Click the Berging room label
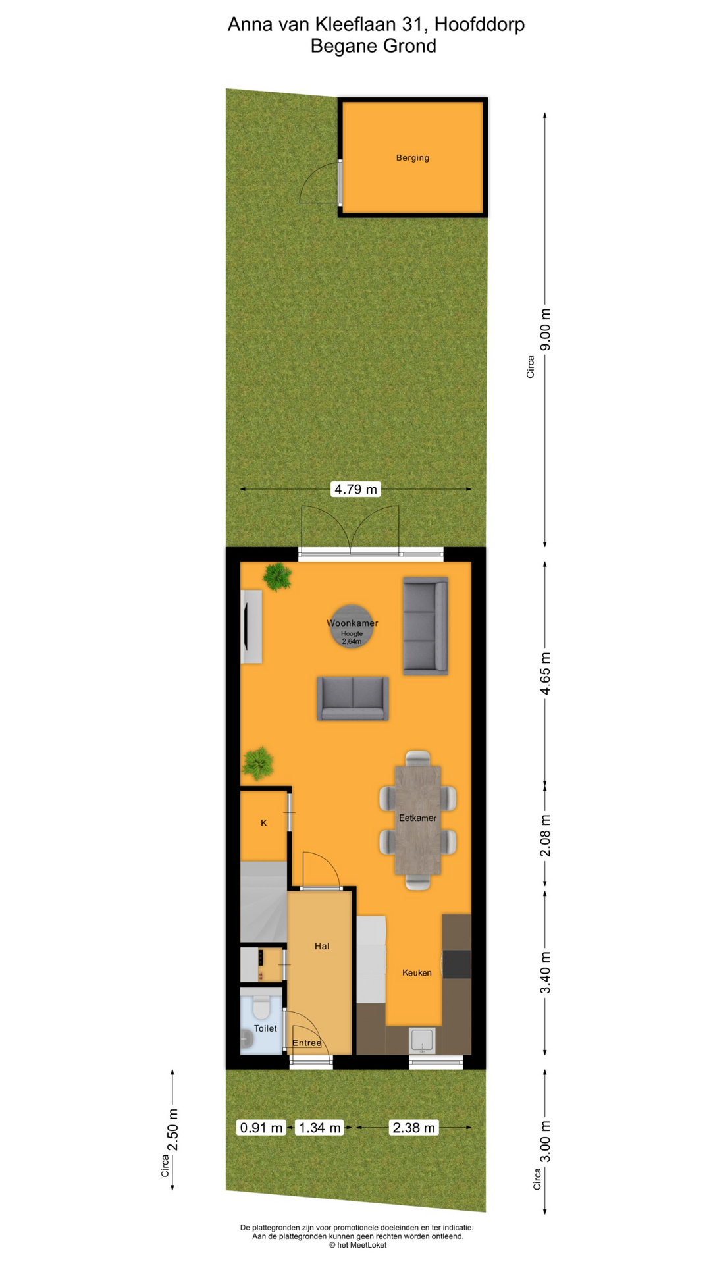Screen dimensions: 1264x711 click(x=413, y=158)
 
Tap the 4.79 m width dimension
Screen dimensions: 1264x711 click(x=355, y=489)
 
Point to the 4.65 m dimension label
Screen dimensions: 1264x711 click(x=546, y=673)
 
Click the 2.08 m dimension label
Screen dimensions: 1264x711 click(x=546, y=835)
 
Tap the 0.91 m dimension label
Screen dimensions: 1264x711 click(x=261, y=1128)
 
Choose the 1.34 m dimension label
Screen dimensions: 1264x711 click(x=320, y=1128)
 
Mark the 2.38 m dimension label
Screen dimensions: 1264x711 click(x=413, y=1128)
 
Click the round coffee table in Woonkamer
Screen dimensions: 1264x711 click(x=352, y=626)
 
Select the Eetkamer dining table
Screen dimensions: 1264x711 click(x=417, y=820)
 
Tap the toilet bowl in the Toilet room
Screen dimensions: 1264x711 click(x=261, y=1008)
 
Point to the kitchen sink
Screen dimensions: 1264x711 click(x=422, y=1040)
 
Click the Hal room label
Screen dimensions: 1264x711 click(x=322, y=946)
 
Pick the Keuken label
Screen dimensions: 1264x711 click(x=417, y=972)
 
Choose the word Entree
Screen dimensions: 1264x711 click(x=307, y=1043)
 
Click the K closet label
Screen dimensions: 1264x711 click(x=264, y=823)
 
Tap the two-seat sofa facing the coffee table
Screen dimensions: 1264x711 click(x=353, y=698)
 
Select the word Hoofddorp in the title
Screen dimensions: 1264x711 click(x=479, y=24)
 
